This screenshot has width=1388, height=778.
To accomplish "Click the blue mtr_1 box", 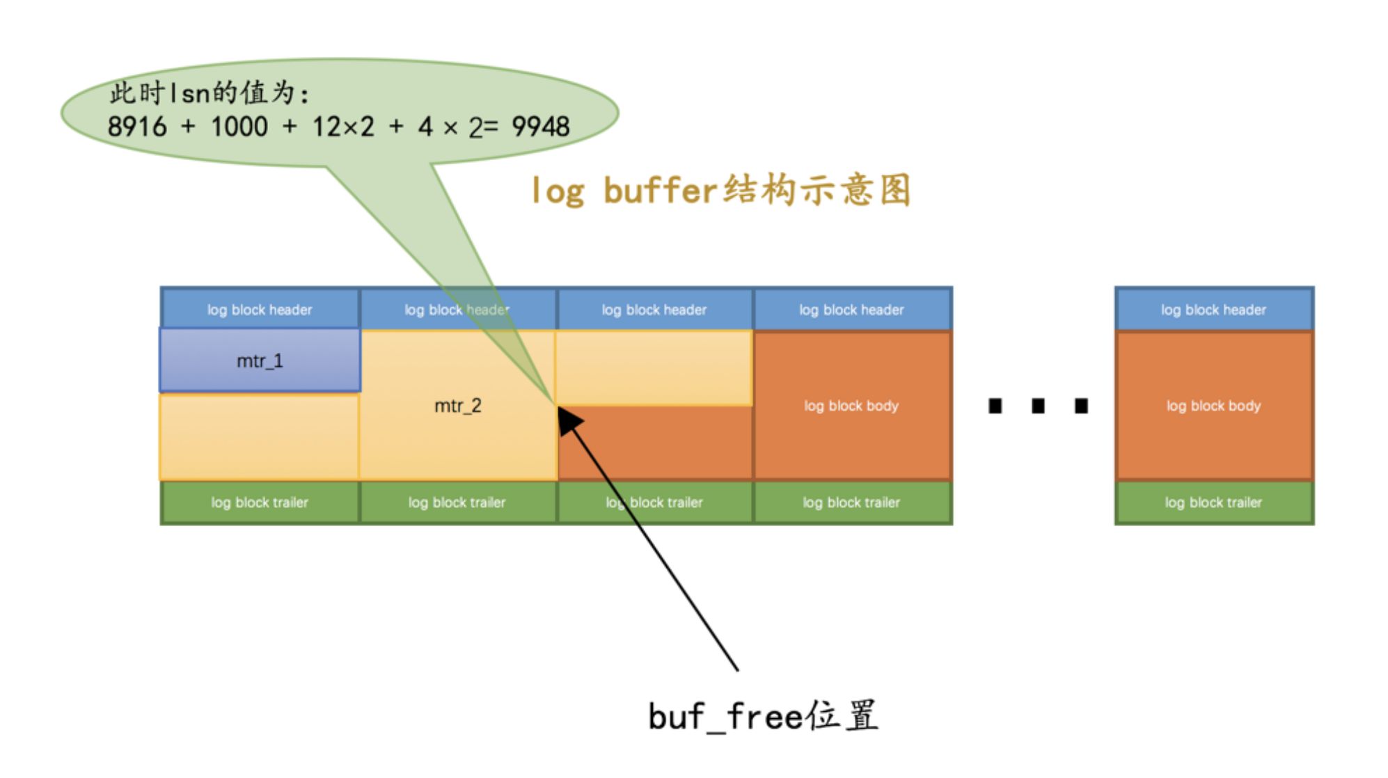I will tap(260, 360).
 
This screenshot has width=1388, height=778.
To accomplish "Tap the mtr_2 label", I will tap(457, 406).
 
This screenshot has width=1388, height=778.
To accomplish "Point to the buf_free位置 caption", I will tap(763, 716).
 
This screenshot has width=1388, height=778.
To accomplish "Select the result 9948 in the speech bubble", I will tap(540, 127).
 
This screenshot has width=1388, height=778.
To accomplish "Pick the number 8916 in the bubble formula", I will tap(137, 127).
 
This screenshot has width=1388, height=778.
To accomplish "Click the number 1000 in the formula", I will tap(239, 127).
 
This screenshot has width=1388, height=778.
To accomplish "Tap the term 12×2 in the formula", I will tap(343, 127).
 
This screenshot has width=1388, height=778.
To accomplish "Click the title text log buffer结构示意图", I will tap(720, 190).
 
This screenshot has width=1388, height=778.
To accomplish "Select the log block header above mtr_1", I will tap(260, 310).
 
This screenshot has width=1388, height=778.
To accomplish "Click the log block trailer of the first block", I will tap(260, 502).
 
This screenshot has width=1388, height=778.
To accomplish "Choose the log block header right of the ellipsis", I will tap(1213, 310).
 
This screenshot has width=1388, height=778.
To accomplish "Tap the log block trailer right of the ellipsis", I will tap(1213, 502).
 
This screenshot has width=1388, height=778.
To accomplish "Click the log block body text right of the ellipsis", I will tap(1213, 406).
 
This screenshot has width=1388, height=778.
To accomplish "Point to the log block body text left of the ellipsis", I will tap(851, 406).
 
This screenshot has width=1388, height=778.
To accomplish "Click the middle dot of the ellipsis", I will tap(1038, 406).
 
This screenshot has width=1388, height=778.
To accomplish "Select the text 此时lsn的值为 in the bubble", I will tap(209, 93).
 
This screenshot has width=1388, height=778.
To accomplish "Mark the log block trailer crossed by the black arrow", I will tap(654, 502).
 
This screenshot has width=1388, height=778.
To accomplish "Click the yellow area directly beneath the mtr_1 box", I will tap(260, 436).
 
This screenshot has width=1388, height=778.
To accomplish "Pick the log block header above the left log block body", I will tap(851, 310).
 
